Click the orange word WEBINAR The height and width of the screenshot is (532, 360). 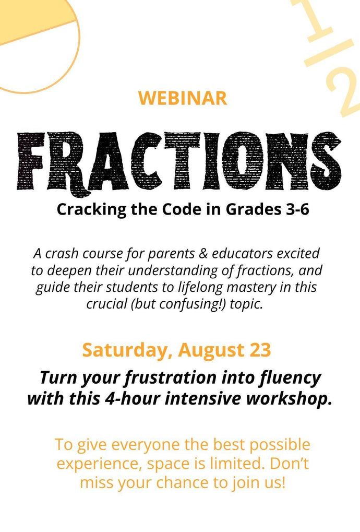point(183,98)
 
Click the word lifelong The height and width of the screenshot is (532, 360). point(200,288)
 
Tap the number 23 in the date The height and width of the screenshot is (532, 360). point(260,350)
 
